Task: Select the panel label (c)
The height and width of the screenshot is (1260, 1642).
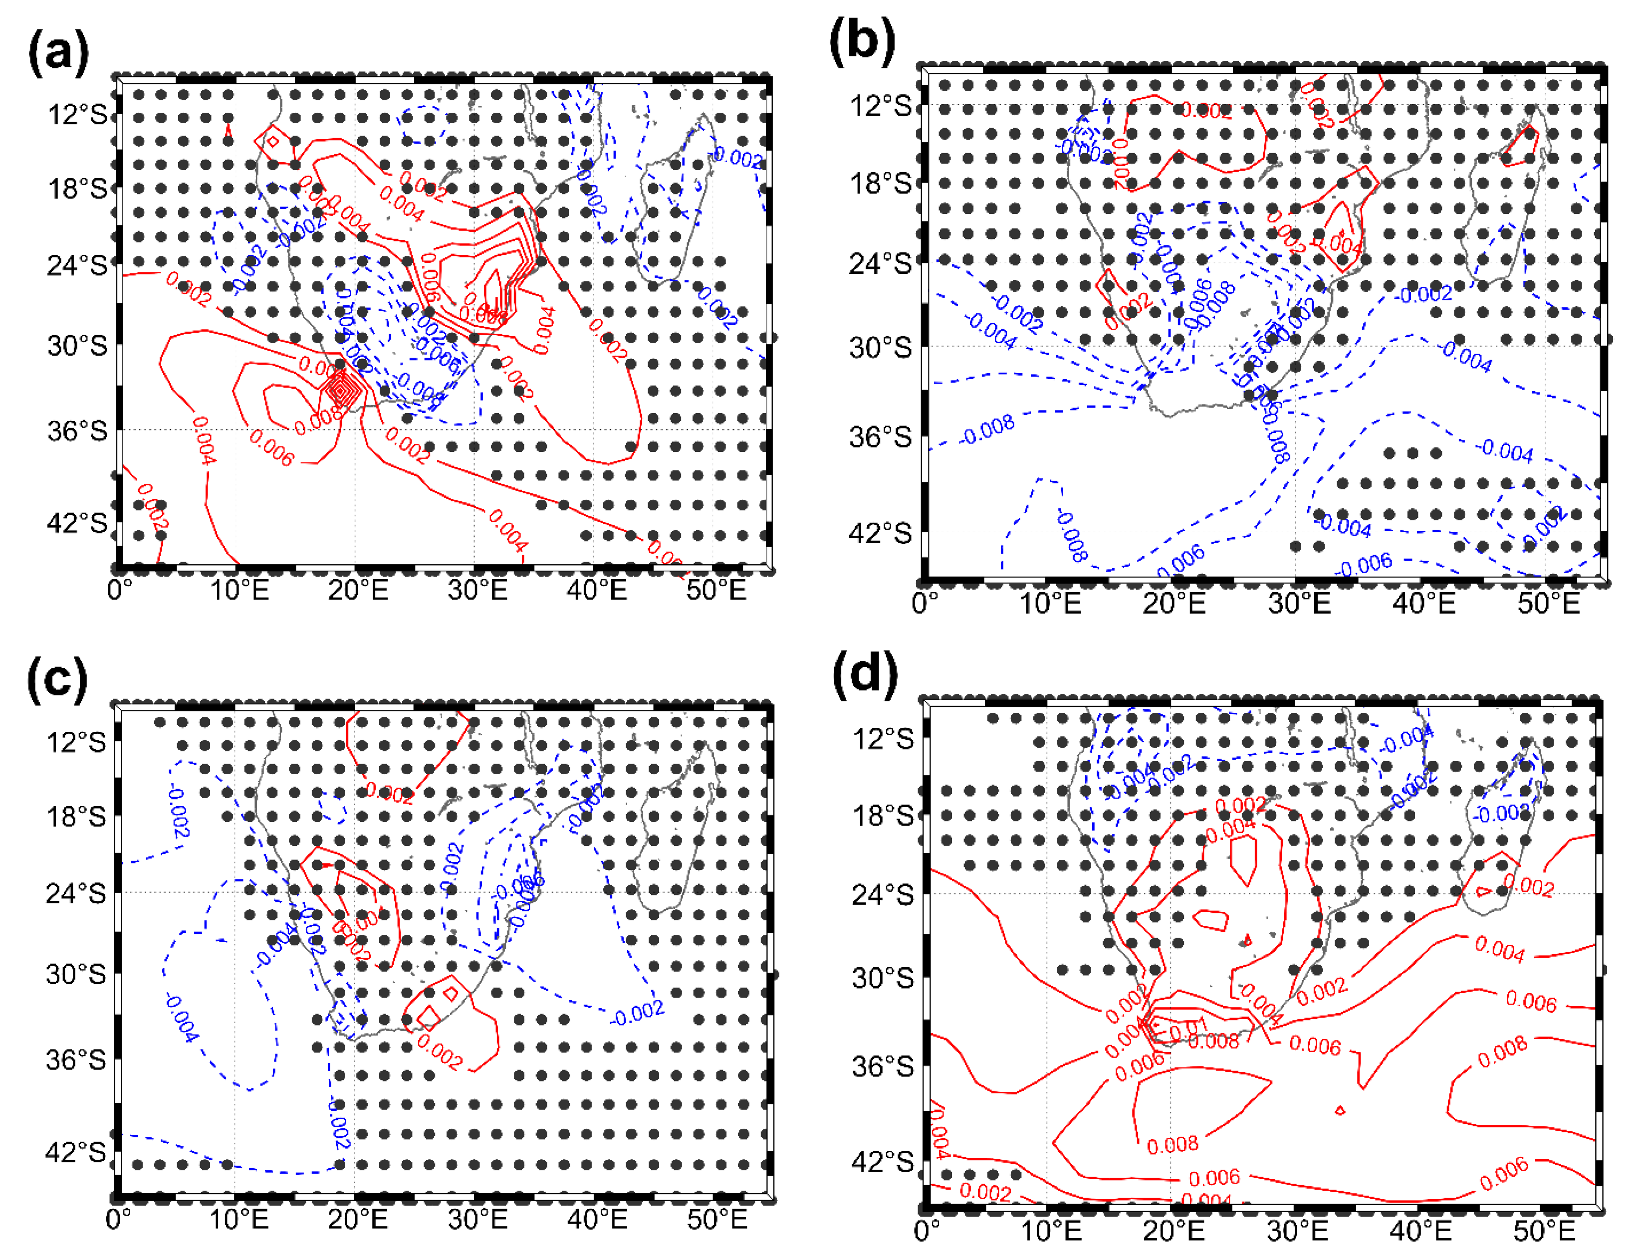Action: tap(57, 679)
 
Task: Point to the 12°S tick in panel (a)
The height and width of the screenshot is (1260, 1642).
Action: tap(77, 115)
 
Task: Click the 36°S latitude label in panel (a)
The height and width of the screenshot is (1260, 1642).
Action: tap(77, 432)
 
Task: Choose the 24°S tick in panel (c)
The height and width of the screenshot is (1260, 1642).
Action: tap(76, 893)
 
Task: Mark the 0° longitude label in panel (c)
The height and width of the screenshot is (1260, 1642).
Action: tap(119, 1220)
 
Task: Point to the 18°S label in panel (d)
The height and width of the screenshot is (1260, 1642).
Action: tap(883, 815)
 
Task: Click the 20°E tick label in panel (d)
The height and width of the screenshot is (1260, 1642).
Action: tap(1173, 1231)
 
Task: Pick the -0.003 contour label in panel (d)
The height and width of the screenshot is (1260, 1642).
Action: tap(1500, 814)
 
